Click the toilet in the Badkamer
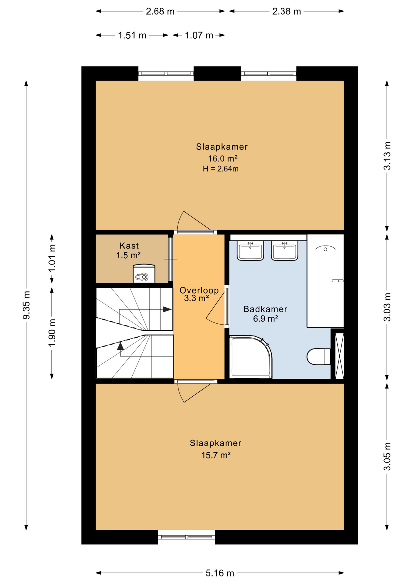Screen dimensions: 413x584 coord(318,356)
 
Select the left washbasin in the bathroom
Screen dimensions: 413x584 coord(250,251)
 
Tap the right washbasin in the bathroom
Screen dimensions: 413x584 coord(284,251)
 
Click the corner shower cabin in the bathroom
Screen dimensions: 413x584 coord(250,357)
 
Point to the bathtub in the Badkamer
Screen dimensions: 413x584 coord(325,281)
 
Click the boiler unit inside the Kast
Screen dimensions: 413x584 coord(144,273)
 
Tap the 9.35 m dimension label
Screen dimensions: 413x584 coord(26,305)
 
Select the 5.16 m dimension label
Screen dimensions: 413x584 coord(220,573)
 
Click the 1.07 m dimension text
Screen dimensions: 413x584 coord(199,35)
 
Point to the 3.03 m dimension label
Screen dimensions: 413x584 coord(387,307)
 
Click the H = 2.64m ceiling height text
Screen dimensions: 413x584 coord(220,169)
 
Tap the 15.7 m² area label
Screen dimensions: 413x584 coord(216,455)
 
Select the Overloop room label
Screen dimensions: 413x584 coord(199,290)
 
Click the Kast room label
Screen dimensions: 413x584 coord(129,245)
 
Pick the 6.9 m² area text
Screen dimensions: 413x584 coord(265,318)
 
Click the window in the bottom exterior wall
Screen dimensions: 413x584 coord(186,537)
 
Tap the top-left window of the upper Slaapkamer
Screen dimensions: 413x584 coord(166,74)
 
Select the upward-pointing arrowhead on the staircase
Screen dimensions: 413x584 coord(120,346)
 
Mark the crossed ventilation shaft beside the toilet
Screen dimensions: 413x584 coord(339,356)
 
